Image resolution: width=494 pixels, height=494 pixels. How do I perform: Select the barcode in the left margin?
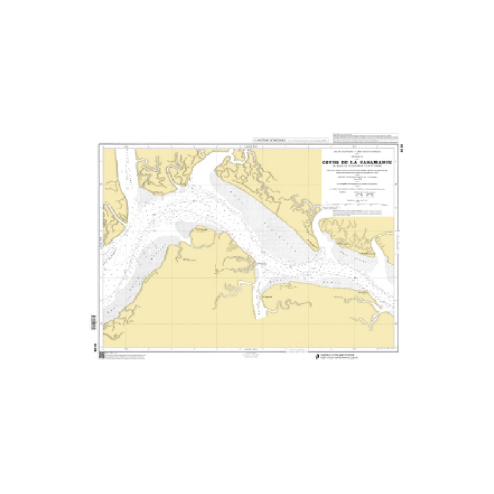pyautogui.click(x=94, y=322)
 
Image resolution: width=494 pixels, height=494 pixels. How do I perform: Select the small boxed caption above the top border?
pyautogui.click(x=270, y=141)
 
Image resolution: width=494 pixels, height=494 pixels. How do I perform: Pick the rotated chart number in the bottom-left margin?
pyautogui.click(x=94, y=348)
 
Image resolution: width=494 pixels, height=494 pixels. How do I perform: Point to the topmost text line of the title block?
pyautogui.click(x=358, y=151)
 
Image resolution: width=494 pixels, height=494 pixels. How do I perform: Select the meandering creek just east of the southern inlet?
pyautogui.click(x=290, y=306)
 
